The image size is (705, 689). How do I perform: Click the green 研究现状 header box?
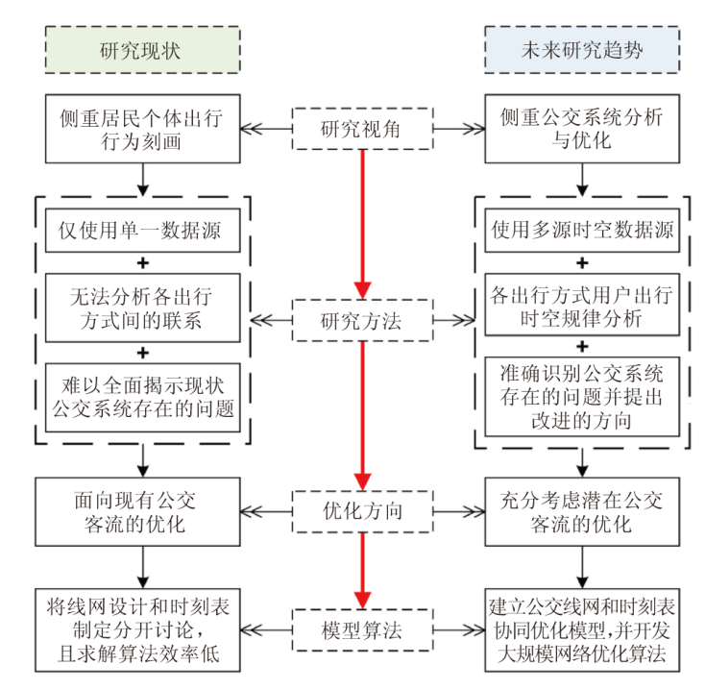coord(141,50)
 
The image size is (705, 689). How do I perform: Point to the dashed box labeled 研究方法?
coord(361,321)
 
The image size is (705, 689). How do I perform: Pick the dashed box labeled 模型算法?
coord(361,630)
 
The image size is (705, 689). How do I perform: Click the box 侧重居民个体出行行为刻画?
coord(141,128)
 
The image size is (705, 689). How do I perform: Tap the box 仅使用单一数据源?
coord(141,231)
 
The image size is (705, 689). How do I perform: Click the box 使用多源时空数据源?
coord(582,231)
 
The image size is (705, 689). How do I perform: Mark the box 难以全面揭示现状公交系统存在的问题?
coord(141,395)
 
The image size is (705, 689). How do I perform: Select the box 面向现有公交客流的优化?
coord(141,511)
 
